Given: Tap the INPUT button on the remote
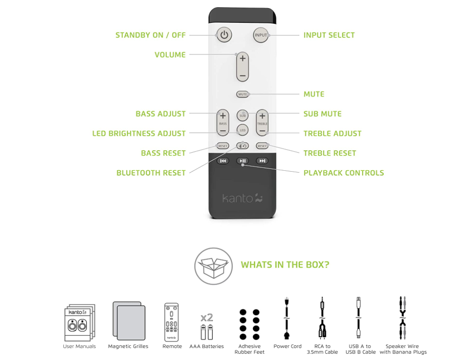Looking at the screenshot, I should [261, 35].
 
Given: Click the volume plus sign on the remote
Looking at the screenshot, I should [243, 59].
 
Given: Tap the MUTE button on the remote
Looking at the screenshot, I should [243, 94].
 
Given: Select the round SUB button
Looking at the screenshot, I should [243, 115].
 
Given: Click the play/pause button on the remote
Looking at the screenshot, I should [243, 161].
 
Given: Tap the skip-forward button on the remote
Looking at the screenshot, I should [262, 161].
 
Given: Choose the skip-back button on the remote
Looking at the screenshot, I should [223, 161].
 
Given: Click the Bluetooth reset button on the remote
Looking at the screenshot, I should [243, 146].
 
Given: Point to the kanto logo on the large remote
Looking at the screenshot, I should [243, 198].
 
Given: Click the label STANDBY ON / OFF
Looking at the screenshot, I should [151, 35].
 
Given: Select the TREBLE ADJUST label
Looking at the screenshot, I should [332, 134].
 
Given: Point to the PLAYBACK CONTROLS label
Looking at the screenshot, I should [343, 173].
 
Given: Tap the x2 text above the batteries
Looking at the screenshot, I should [206, 318].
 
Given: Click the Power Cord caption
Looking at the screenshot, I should [287, 347].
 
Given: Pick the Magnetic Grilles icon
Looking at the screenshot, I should [128, 320].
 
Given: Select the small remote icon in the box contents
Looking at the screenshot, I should [172, 321].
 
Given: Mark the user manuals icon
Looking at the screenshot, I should [80, 322].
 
